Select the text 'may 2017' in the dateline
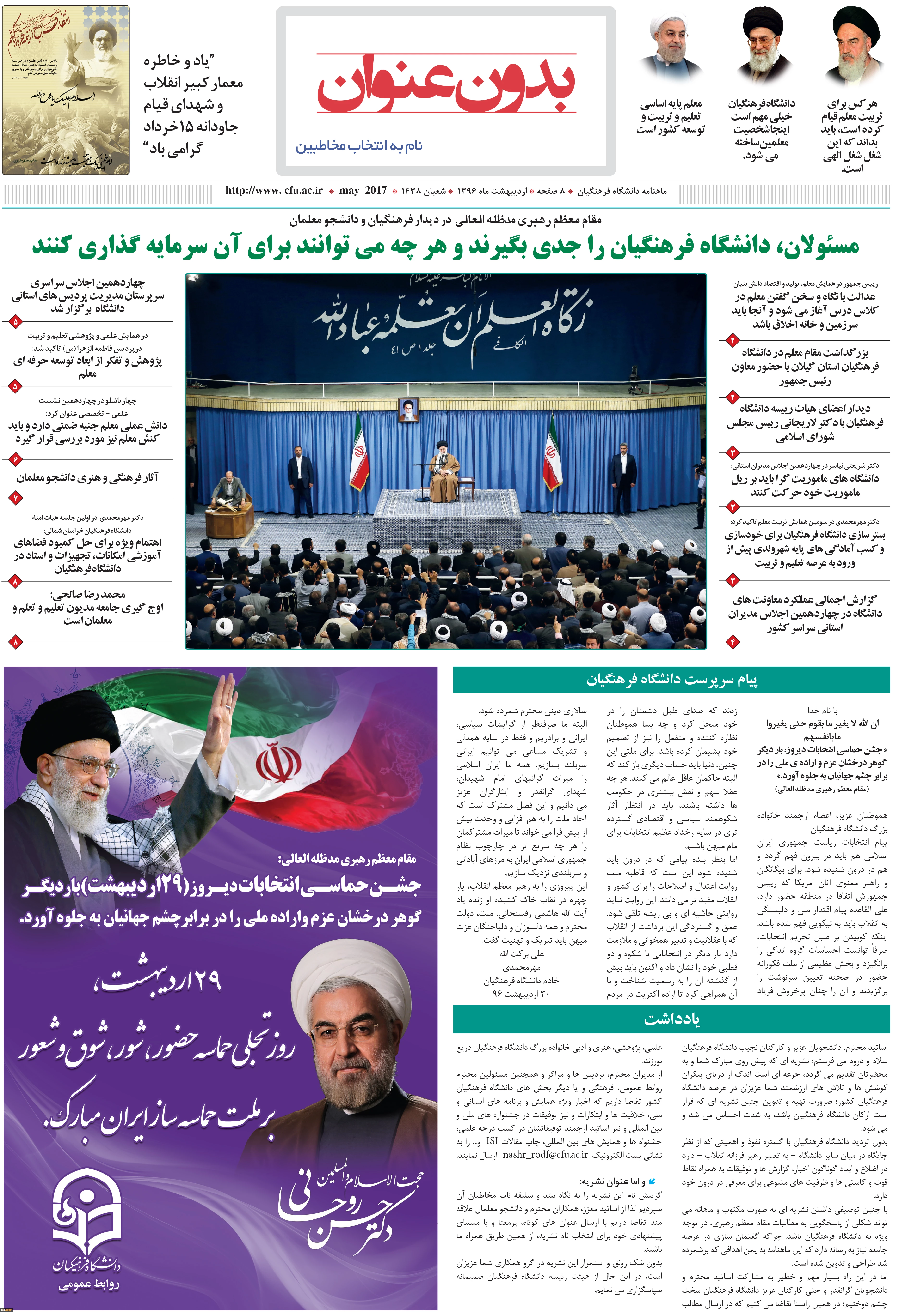coord(363,191)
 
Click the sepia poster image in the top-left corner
coord(66,90)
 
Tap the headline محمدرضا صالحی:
coord(88,594)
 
